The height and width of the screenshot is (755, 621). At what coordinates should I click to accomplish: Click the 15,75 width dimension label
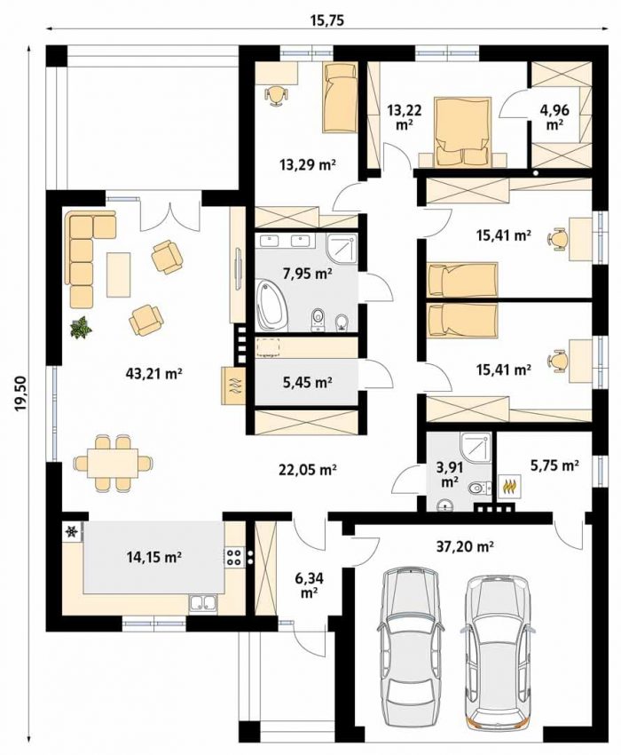point(328,21)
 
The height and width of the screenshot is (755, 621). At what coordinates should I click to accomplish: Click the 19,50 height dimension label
point(20,393)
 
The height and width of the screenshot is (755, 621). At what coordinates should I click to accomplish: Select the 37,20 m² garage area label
point(466,546)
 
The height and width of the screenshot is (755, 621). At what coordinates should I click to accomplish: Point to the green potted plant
point(81,328)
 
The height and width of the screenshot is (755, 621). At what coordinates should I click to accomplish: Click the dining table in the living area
point(113,463)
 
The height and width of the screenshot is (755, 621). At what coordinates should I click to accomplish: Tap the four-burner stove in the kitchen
point(234,557)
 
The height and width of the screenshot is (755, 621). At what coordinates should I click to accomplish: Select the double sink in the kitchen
point(203,603)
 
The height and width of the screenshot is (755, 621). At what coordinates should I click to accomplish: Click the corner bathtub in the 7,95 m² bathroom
point(271,306)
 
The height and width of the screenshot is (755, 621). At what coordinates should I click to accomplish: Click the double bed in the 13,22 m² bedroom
point(464,131)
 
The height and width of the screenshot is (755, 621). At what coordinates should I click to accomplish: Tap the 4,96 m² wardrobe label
point(554,116)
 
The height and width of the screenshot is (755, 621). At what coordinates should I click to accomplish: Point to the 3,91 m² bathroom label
point(448,473)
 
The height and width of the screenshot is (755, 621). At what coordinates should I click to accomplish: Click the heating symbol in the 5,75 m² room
point(510,486)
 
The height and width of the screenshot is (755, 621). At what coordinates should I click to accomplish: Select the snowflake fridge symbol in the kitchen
point(72,531)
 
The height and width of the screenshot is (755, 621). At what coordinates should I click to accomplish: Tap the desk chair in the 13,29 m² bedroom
point(275,94)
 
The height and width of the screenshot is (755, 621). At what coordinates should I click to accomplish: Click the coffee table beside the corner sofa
point(118,274)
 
